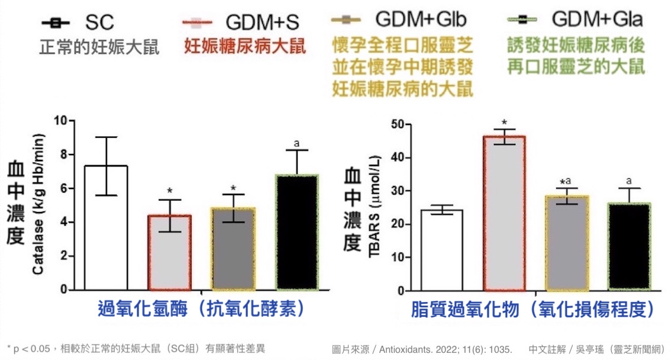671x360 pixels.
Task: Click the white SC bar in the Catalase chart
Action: coord(106,228)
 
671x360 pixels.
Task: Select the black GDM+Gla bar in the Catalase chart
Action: coord(298,233)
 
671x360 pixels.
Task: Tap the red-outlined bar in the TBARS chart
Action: coord(504,214)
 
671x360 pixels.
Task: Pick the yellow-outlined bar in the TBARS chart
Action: coord(567,243)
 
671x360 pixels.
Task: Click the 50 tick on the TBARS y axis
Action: coord(388,125)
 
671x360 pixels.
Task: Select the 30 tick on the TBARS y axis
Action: coord(388,191)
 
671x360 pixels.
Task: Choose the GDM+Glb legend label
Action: coord(421,20)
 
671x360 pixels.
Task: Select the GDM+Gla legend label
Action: coord(596,20)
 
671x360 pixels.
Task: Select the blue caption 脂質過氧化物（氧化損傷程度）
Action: coord(534,309)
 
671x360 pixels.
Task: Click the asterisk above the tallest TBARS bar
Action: coord(504,121)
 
